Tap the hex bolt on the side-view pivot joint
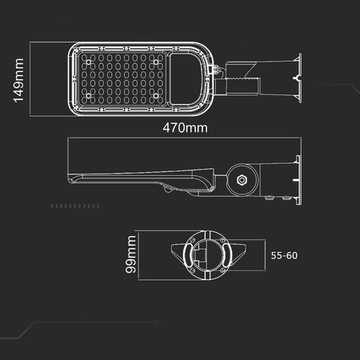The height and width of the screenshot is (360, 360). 242,179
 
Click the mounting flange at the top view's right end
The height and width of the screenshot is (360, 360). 298,78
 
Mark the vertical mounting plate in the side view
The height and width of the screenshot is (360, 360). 298,178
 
